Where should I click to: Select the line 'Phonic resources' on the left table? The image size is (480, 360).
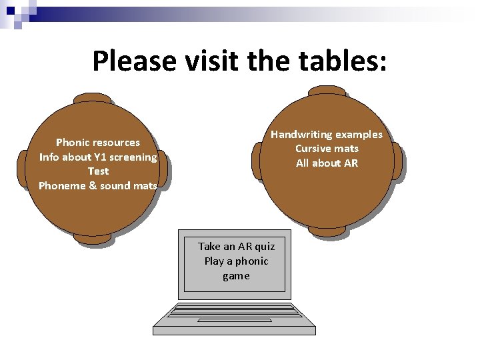[x=98, y=142]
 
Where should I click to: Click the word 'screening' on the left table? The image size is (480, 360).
[x=132, y=157]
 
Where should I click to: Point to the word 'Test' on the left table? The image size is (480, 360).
[x=98, y=171]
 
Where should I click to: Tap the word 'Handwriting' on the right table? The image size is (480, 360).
[x=301, y=135]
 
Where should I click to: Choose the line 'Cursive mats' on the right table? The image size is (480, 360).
[x=327, y=149]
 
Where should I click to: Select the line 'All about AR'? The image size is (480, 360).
[x=327, y=163]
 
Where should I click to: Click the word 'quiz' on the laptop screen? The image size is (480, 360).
[x=262, y=247]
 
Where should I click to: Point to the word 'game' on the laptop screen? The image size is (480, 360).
[x=236, y=276]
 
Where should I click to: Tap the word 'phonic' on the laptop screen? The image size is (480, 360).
[x=251, y=261]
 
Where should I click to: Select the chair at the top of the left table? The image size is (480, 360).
[x=93, y=99]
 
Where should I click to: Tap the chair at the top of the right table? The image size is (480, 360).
[x=326, y=91]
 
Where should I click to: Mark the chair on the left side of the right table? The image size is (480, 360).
[x=257, y=161]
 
